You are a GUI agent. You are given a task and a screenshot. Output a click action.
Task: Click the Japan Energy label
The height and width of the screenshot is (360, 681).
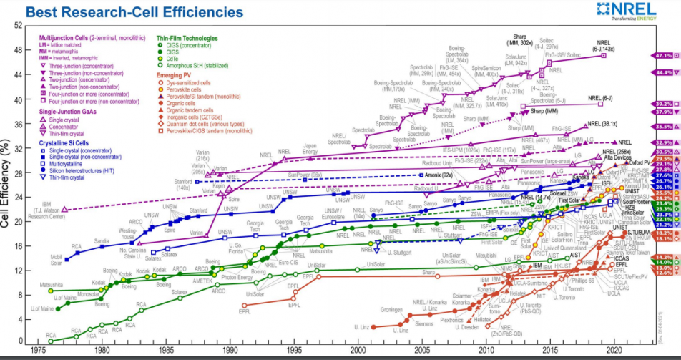309,149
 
